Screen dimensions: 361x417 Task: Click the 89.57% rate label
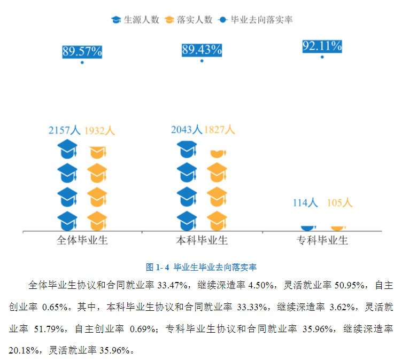[82, 52]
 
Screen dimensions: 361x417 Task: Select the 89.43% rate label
[202, 51]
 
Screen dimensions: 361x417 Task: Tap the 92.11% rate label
[322, 46]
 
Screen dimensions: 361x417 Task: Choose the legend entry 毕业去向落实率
[255, 20]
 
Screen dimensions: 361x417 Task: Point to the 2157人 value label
[64, 130]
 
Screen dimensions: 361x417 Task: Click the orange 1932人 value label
[99, 130]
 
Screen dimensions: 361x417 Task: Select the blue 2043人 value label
[187, 130]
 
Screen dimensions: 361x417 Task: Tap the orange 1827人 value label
[219, 130]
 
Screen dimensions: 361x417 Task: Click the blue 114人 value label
[305, 203]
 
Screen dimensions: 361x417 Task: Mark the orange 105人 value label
[339, 203]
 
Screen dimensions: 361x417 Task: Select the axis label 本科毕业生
[202, 240]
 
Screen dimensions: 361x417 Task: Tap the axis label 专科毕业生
[322, 240]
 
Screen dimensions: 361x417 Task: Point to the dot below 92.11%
[322, 57]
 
